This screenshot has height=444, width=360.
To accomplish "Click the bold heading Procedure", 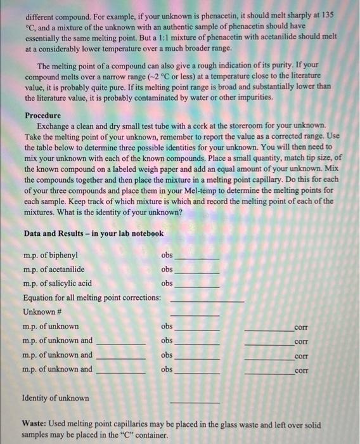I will pyautogui.click(x=42, y=115).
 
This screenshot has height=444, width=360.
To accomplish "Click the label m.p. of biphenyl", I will pyautogui.click(x=51, y=256).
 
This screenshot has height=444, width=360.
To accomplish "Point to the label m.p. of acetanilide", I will pyautogui.click(x=55, y=270).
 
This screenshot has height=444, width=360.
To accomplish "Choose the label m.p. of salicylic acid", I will pyautogui.click(x=58, y=284).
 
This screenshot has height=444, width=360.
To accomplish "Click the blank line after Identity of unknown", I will pyautogui.click(x=195, y=402).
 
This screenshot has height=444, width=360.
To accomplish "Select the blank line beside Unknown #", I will pyautogui.click(x=195, y=314).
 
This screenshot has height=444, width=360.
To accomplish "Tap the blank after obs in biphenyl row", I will pyautogui.click(x=197, y=259).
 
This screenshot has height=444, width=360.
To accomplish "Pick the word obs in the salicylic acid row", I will pyautogui.click(x=167, y=284).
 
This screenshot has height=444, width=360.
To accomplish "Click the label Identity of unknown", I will pyautogui.click(x=56, y=398).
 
